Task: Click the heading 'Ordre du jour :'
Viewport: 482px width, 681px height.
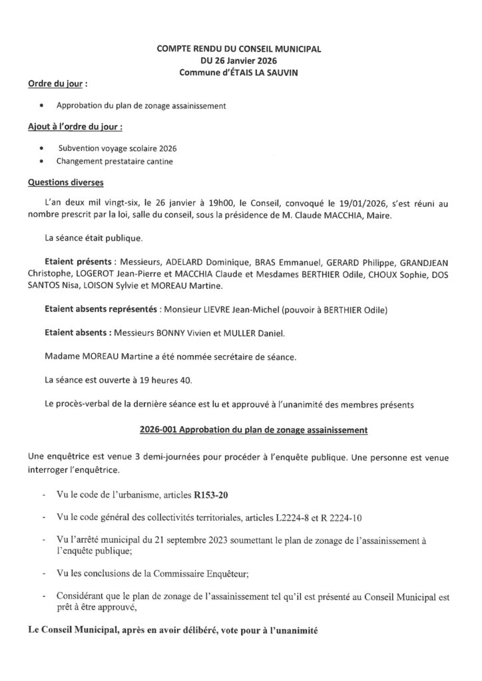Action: (57, 86)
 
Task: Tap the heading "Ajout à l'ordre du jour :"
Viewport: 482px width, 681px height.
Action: (75, 126)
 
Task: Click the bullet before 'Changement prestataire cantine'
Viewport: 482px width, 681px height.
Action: (43, 162)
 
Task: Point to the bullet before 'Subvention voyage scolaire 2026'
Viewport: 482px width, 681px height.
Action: (43, 148)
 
